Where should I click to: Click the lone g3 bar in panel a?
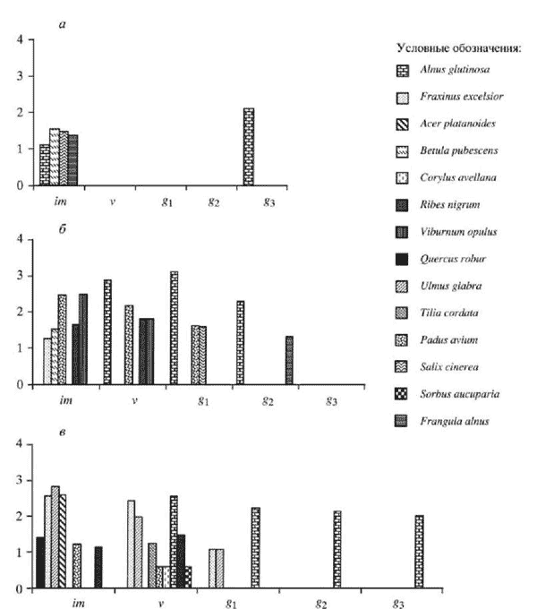click(249, 147)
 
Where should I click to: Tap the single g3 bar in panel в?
click(419, 552)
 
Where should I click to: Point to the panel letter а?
click(63, 25)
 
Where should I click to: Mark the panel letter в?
click(63, 434)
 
